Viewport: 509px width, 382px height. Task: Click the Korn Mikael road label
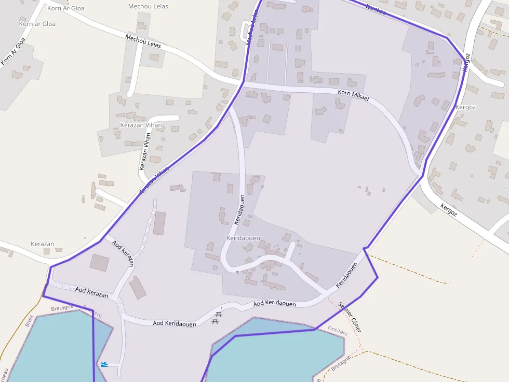[x=353, y=94]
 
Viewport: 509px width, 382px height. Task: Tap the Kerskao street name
[x=376, y=9]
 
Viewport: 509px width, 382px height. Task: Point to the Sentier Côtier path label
[x=350, y=317]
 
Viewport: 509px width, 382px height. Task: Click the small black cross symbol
[x=237, y=272]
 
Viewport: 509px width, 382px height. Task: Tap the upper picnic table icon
[x=219, y=314]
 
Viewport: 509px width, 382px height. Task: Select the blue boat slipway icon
[x=104, y=364]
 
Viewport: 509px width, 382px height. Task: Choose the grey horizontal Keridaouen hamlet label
[x=243, y=238]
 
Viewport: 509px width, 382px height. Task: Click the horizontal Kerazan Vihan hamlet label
[x=141, y=125]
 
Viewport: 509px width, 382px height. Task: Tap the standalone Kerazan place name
[x=43, y=244]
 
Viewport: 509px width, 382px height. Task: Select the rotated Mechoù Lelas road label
[x=143, y=41]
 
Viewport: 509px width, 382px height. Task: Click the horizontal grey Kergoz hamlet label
[x=465, y=107]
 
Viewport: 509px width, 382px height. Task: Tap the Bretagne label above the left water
[x=62, y=308]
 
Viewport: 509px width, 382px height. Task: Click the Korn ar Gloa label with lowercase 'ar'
[x=37, y=24]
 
